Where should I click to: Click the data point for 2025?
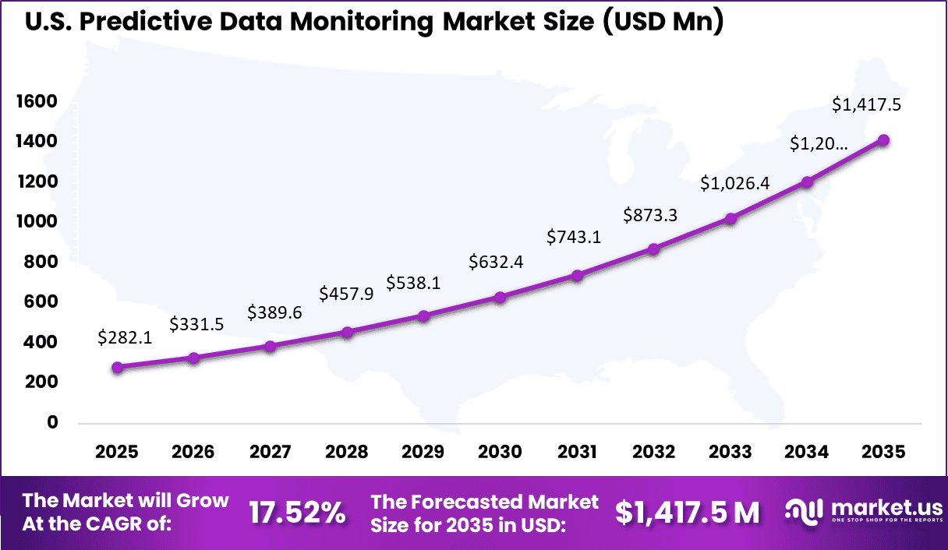click(x=117, y=368)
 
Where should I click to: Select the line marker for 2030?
click(x=500, y=298)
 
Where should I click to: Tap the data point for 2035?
click(x=883, y=140)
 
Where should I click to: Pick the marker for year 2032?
click(x=653, y=249)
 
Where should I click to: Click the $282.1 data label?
click(x=124, y=337)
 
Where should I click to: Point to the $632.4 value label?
click(x=496, y=263)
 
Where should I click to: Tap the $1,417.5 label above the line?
click(x=867, y=104)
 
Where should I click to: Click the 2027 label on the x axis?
click(x=270, y=453)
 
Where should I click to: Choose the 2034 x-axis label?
click(x=807, y=453)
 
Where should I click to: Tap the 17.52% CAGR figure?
click(x=297, y=513)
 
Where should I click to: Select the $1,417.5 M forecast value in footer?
click(x=687, y=513)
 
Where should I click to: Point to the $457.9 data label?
click(x=346, y=294)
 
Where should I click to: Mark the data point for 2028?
click(x=347, y=333)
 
